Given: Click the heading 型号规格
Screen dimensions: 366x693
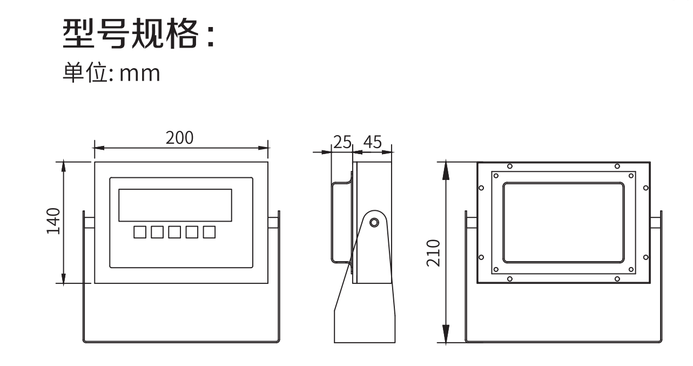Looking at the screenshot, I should [x=138, y=34].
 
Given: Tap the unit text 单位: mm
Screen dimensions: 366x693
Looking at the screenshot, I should [x=111, y=73].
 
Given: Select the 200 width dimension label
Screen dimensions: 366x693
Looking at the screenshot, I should [x=179, y=138].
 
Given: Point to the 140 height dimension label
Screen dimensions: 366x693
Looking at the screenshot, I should [x=53, y=221].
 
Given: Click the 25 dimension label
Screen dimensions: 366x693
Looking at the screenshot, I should [x=342, y=142].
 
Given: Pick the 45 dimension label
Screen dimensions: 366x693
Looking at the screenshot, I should [x=372, y=142].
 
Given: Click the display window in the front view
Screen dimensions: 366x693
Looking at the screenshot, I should [x=175, y=205].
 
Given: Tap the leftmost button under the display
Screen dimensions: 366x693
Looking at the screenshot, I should [x=139, y=232].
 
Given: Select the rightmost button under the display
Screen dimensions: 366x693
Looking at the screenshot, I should [x=209, y=232].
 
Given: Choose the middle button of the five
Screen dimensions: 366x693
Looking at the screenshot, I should [x=174, y=232].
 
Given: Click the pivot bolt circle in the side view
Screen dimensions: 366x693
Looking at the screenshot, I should [x=373, y=222].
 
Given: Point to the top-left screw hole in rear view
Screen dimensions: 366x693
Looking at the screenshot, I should [x=510, y=166].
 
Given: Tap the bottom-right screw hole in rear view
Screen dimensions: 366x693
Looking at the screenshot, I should [x=617, y=279].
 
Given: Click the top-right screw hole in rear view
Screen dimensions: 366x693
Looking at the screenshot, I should [x=617, y=166].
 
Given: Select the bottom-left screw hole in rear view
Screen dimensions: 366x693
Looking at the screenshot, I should [x=510, y=279].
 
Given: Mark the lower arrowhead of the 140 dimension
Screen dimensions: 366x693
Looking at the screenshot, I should [x=64, y=278].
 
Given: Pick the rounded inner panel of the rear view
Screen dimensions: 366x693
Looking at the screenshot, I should [x=563, y=222].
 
